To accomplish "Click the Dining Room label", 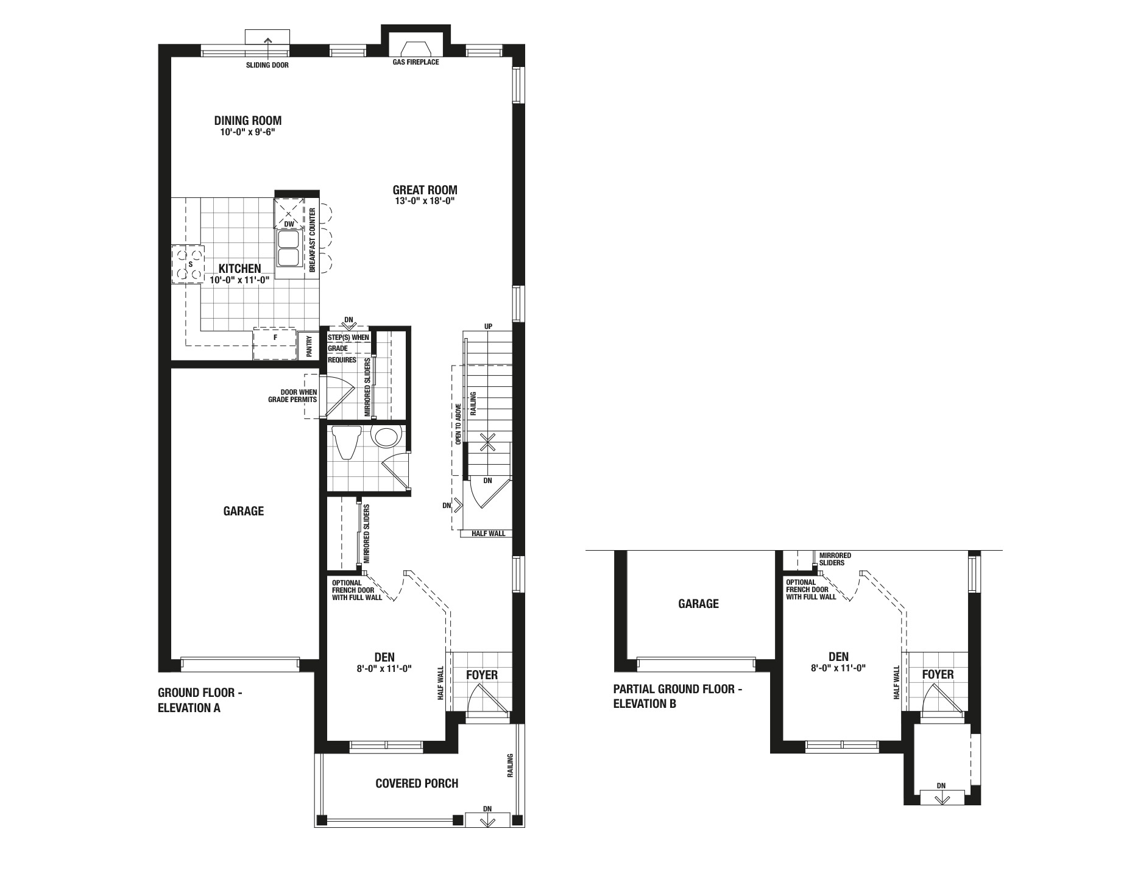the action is (247, 121).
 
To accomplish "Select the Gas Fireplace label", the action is (416, 62).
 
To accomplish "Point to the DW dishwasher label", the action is (289, 224).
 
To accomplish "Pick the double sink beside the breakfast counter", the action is (288, 249).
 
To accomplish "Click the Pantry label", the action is (309, 346).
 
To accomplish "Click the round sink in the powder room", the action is (386, 437).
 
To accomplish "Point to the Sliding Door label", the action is (267, 65).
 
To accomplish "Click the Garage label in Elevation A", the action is (244, 511).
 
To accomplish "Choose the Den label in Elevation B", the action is (838, 657).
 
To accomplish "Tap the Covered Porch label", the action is (417, 783).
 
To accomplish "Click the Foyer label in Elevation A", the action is (482, 675).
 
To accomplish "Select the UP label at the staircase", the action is (488, 327).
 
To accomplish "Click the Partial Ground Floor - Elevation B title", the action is (678, 696).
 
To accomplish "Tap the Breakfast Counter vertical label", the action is (312, 240).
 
